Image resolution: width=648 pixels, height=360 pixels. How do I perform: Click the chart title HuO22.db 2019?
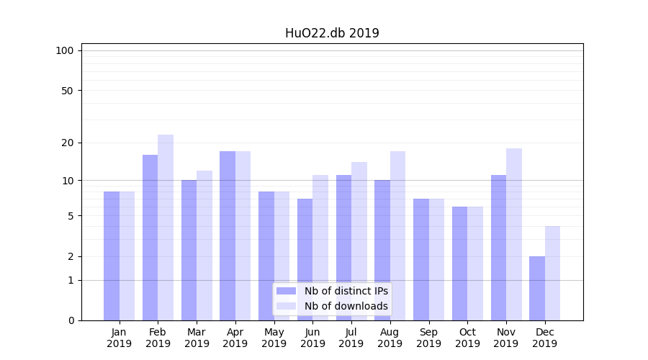[x=332, y=33]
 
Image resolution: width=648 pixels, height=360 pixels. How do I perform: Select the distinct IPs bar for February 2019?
[x=150, y=238]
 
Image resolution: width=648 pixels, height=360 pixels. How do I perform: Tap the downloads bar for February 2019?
[x=166, y=228]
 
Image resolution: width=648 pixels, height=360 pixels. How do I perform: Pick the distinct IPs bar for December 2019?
[x=537, y=288]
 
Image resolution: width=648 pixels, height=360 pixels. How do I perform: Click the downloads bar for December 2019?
[x=553, y=274]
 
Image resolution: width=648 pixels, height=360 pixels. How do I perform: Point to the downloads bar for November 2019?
[x=514, y=234]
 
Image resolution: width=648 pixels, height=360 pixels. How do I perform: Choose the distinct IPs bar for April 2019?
[x=228, y=235]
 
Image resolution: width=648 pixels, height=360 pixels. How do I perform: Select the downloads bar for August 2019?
[x=398, y=235]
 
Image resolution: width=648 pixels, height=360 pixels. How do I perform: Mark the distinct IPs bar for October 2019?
[x=459, y=264]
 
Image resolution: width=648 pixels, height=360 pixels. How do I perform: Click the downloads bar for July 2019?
[x=359, y=241]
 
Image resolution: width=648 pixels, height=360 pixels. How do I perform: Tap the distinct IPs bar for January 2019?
[x=112, y=256]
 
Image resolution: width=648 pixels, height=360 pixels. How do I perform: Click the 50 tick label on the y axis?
[x=67, y=91]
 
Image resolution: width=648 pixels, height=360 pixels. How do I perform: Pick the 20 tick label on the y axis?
[x=67, y=143]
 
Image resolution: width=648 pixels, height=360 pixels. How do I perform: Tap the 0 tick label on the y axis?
[x=71, y=320]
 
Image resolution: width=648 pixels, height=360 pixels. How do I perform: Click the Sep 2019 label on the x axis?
[x=428, y=338]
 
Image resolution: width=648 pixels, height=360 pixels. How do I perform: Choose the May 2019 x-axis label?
[x=274, y=338]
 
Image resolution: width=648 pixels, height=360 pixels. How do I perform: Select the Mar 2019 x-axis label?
[x=197, y=338]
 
